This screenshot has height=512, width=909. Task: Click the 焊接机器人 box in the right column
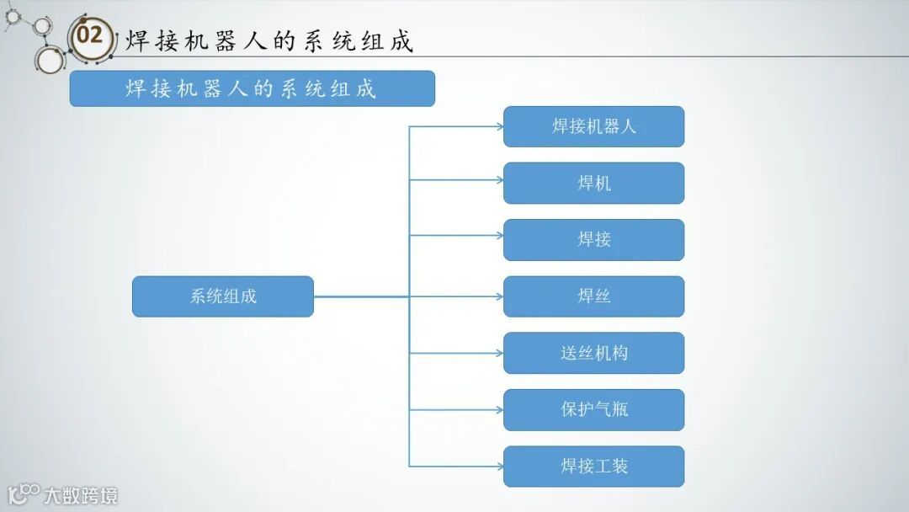[x=593, y=126]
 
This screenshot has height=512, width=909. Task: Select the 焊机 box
[x=593, y=183]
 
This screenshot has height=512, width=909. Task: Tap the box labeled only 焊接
[x=593, y=239]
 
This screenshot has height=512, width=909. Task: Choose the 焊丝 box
[x=593, y=296]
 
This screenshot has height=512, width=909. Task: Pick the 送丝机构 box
[x=593, y=353]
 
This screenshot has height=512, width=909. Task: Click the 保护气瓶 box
[x=593, y=409]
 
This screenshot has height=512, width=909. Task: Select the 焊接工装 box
[x=593, y=466]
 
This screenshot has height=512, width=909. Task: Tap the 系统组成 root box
[x=222, y=296]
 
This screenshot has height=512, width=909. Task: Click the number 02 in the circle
[x=89, y=36]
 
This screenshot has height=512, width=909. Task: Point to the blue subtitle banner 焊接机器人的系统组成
[x=252, y=88]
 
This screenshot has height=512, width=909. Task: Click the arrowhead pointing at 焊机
[x=498, y=179]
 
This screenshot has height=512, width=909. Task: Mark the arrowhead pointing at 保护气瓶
[x=498, y=410]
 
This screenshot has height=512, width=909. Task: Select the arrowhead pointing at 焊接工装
[x=498, y=466]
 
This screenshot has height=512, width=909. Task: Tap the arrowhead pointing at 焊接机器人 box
[x=498, y=127]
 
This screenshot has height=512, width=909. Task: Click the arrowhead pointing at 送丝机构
[x=498, y=353]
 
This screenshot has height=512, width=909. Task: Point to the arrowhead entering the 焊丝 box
[x=498, y=296]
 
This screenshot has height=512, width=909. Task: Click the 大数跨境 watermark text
[x=81, y=495]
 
